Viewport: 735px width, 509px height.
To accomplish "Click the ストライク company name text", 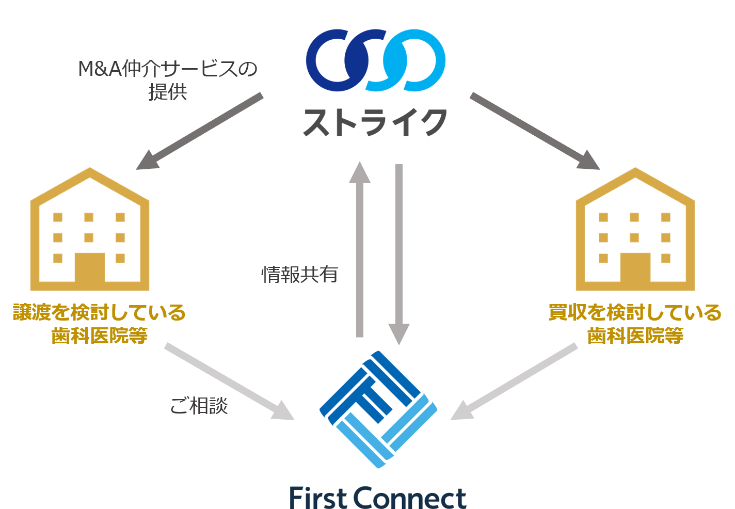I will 375,123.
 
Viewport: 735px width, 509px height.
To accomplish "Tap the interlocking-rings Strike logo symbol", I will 375,61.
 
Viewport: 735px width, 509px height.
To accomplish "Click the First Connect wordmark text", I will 378,497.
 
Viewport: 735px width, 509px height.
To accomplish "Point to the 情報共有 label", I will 299,274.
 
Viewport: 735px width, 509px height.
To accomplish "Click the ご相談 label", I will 199,406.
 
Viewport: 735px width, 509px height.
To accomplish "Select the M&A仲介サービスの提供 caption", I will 168,80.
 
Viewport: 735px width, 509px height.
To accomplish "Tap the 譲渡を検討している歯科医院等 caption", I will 99,324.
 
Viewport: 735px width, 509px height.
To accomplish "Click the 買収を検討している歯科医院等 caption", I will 635,324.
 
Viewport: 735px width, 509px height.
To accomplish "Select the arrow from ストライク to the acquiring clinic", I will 535,132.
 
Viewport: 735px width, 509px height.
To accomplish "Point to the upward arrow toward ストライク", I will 360,250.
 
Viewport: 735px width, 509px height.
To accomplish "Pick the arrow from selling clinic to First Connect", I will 229,382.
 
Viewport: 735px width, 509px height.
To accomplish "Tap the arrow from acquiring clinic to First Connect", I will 514,382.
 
